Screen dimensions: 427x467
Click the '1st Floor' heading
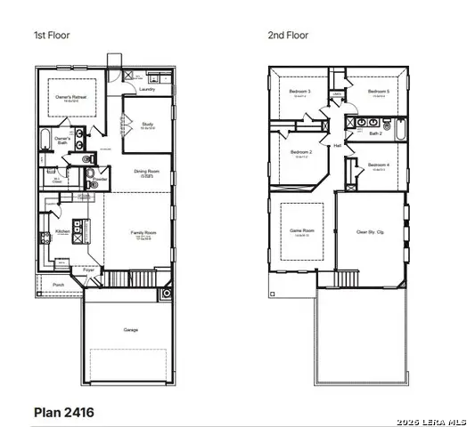pos(52,35)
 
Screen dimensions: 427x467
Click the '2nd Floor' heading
pos(287,35)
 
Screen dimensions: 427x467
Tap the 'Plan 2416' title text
pos(64,412)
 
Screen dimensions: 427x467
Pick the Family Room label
pos(141,233)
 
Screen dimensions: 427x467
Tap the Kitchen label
pos(62,231)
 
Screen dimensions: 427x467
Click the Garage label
pos(130,329)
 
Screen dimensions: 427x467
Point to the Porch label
pos(58,286)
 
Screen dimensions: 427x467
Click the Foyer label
pos(89,270)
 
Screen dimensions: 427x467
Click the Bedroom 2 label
pos(299,152)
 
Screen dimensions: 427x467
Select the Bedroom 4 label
pos(379,165)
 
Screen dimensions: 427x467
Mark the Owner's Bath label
pos(62,140)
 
